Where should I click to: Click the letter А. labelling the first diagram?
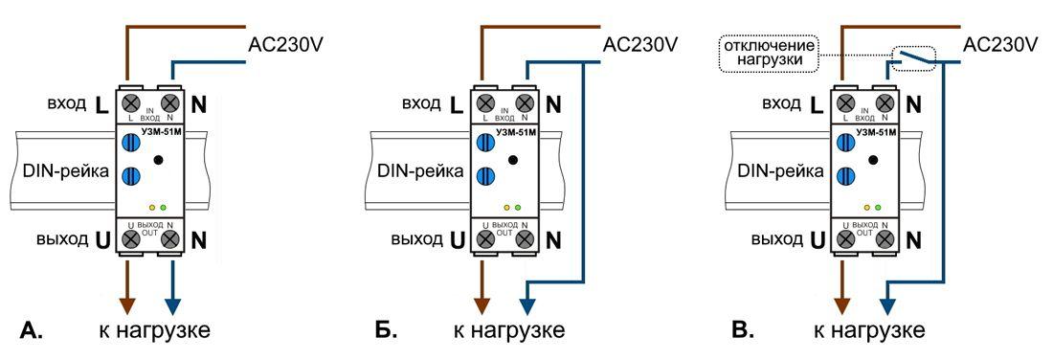coord(32,331)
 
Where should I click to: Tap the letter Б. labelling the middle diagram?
coord(386,331)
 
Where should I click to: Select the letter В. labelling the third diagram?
coord(743,331)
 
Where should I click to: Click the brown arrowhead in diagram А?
coord(126,304)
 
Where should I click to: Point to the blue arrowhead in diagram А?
coord(172,304)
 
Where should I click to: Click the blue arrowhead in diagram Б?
coord(528,304)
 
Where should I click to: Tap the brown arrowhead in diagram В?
coord(842,304)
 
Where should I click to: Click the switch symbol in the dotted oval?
coord(911,60)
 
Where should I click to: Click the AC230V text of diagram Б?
coord(640,45)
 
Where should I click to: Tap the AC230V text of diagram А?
coord(286,45)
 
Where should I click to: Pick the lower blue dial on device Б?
coord(487,176)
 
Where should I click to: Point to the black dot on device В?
coord(871,160)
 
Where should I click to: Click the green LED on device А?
coord(164,207)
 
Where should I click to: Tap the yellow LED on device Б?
coord(506,207)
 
